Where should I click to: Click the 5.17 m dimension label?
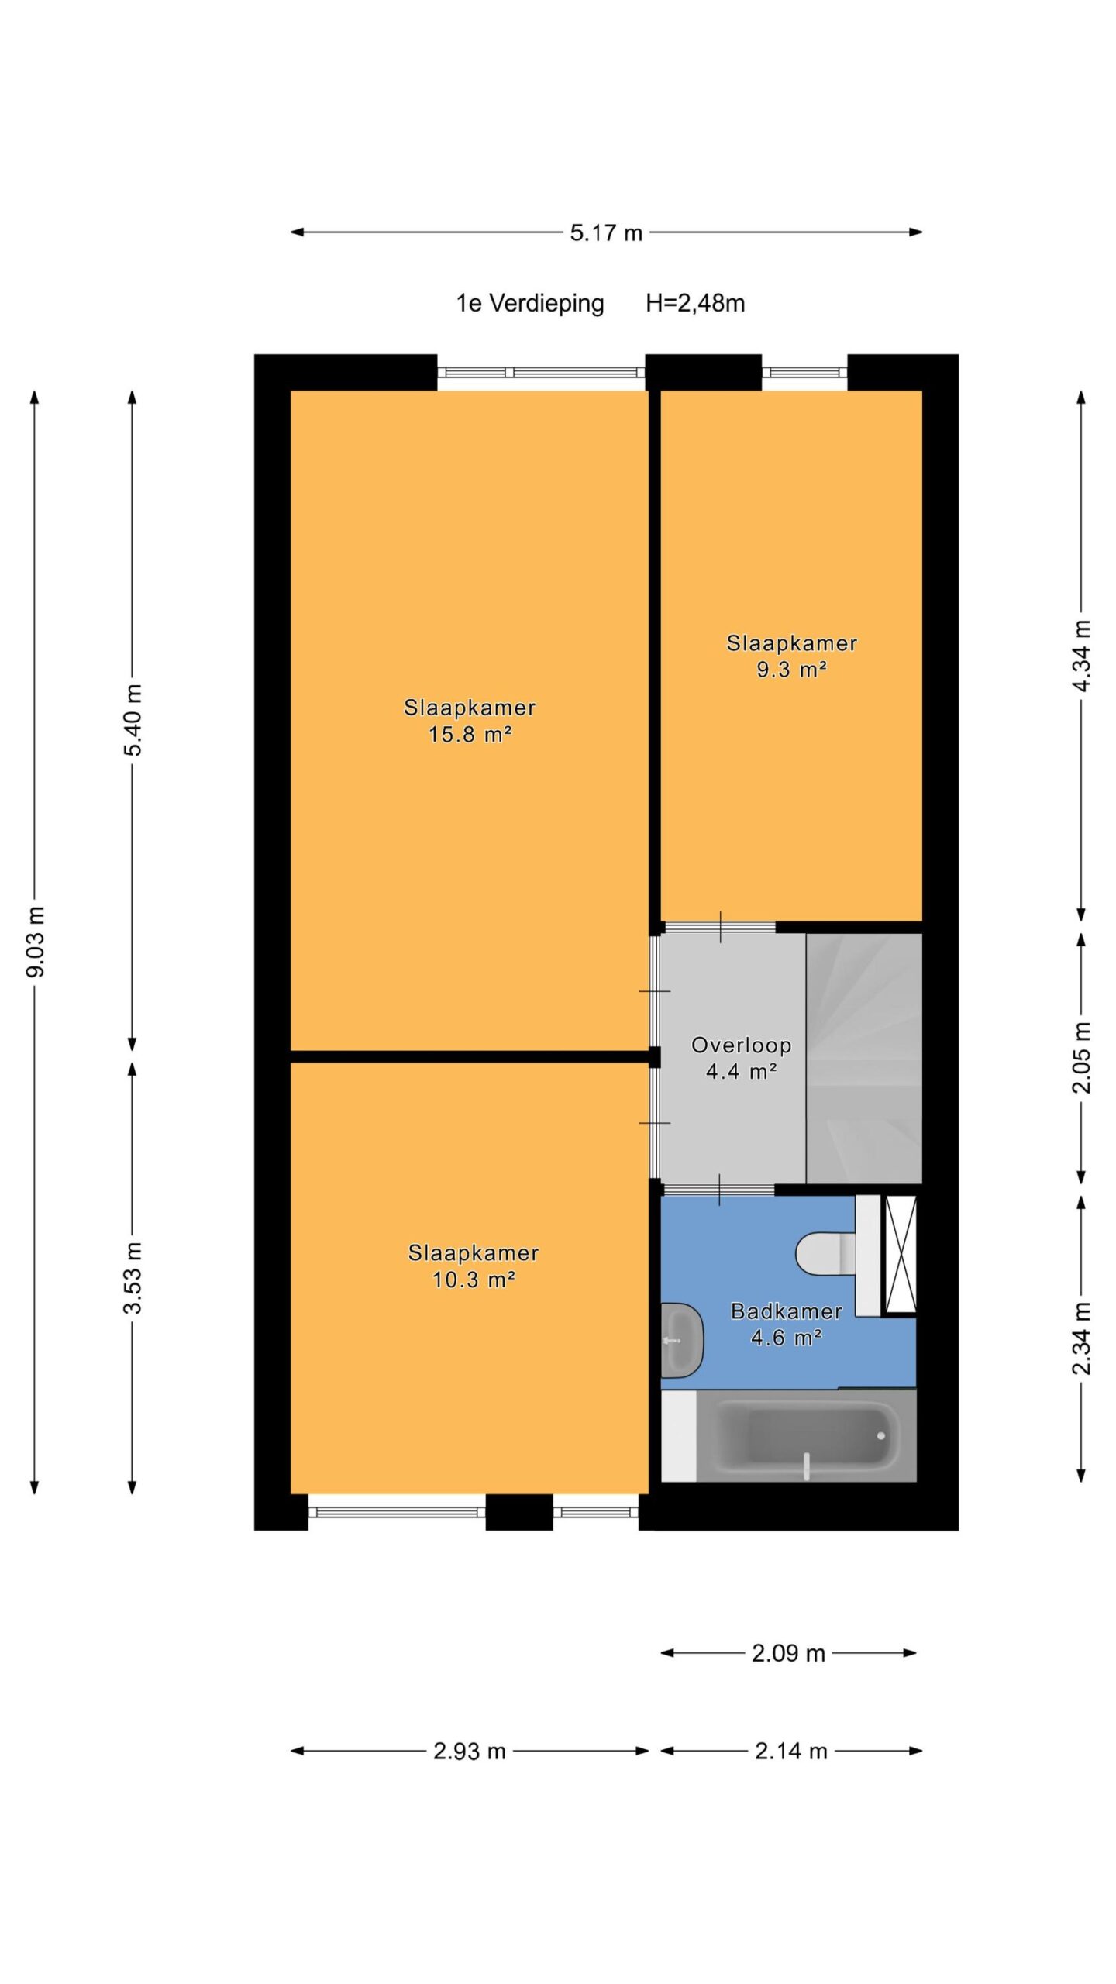pos(606,232)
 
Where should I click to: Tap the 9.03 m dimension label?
pos(36,941)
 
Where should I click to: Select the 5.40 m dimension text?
pos(134,721)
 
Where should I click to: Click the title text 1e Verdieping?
pos(530,304)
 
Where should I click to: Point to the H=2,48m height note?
pos(695,303)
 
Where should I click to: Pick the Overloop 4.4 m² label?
pos(741,1059)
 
